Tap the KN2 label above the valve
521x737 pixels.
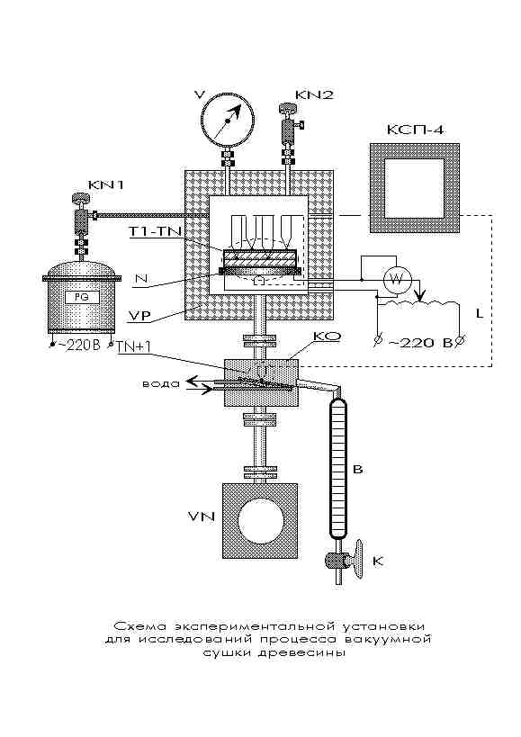click(x=314, y=95)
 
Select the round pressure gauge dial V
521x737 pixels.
click(x=228, y=121)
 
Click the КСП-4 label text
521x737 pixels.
click(x=415, y=130)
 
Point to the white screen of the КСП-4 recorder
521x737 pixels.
click(x=414, y=188)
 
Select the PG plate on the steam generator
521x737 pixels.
click(x=81, y=297)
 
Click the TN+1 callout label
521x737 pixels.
click(x=135, y=346)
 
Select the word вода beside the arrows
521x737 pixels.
click(x=161, y=383)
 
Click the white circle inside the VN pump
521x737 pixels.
click(x=261, y=520)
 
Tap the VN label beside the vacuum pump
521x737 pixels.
click(x=202, y=517)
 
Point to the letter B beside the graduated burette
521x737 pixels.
click(x=358, y=470)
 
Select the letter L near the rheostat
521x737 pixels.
click(x=480, y=313)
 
